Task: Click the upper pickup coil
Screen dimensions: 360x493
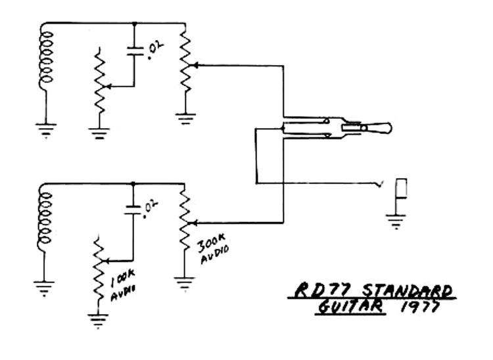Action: click(x=45, y=60)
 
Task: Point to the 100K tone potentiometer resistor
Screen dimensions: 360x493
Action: click(x=99, y=265)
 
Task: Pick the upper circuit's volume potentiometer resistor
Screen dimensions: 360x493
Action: click(x=185, y=64)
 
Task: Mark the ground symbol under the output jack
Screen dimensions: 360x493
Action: click(x=395, y=221)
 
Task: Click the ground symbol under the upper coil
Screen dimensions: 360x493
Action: click(x=46, y=130)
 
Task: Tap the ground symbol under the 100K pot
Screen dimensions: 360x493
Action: click(x=98, y=321)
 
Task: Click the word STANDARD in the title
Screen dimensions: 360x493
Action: click(x=407, y=290)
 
